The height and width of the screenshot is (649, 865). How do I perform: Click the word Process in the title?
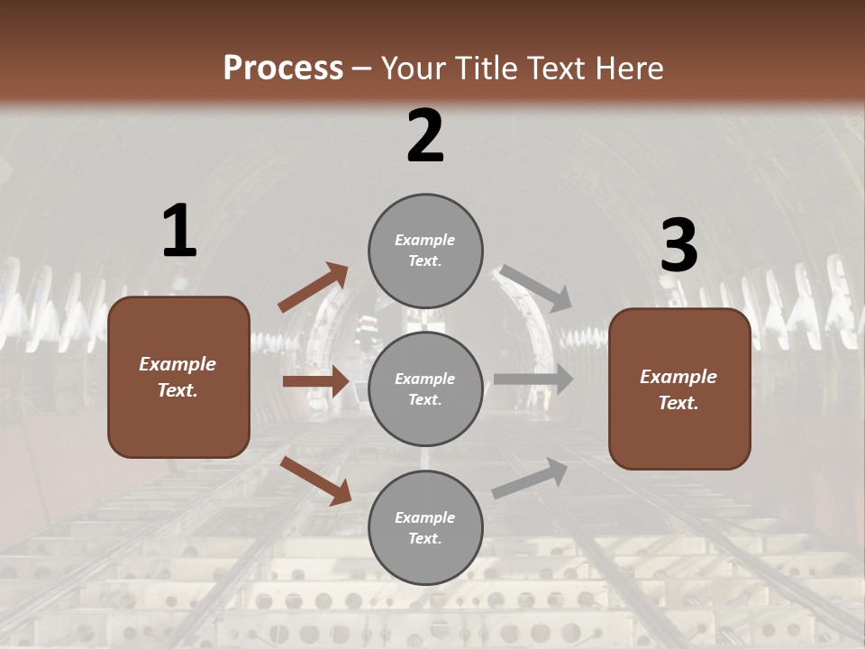(x=283, y=69)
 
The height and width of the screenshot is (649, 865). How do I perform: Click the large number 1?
(x=179, y=232)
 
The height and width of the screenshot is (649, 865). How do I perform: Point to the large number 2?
(x=425, y=136)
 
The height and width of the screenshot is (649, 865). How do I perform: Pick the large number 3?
(x=678, y=246)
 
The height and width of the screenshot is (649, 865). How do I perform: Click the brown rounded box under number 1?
(x=178, y=377)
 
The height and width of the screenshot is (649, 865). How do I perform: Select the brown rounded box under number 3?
(x=679, y=388)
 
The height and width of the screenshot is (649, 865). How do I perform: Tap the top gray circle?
(x=425, y=251)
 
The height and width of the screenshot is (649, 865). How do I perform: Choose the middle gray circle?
(x=425, y=388)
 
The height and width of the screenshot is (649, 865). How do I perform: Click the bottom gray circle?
(x=425, y=527)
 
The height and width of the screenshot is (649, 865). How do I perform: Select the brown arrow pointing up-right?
(x=314, y=288)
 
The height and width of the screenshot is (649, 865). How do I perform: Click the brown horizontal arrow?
(x=315, y=381)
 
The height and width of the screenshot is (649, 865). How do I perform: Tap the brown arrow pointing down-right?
(x=315, y=480)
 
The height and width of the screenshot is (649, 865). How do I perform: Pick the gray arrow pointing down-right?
(x=536, y=288)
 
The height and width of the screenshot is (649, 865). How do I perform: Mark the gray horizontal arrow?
(x=533, y=379)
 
